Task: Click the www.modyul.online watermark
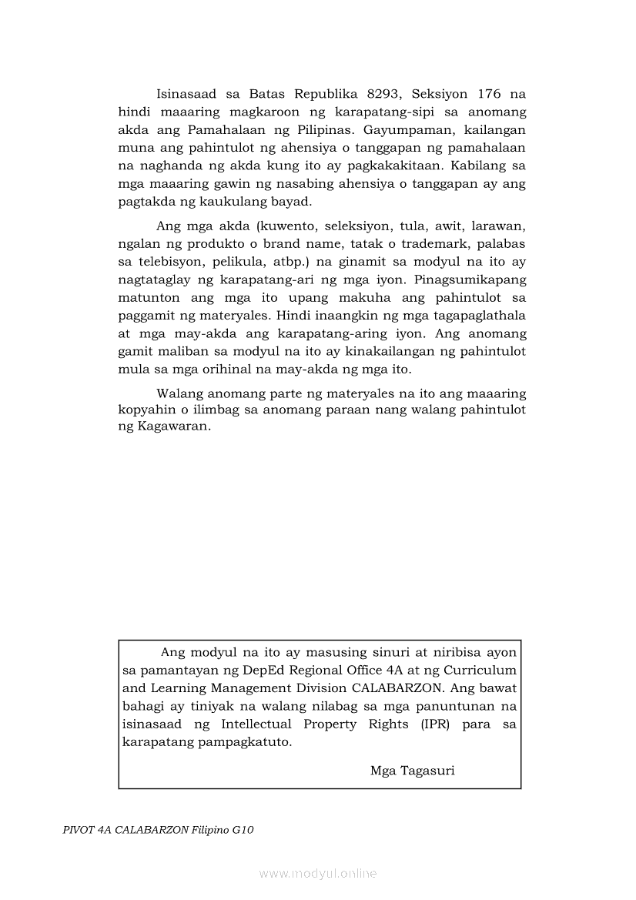tap(318, 874)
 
